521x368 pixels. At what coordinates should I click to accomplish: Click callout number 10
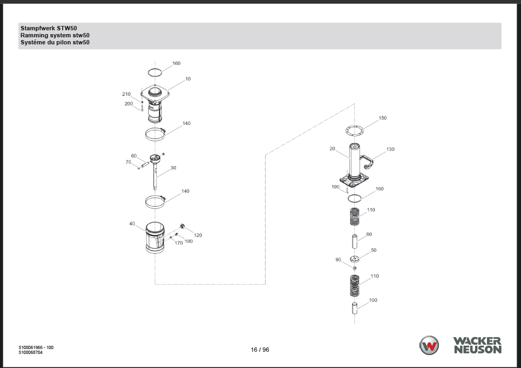pyautogui.click(x=188, y=79)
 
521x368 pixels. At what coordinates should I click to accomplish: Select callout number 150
pyautogui.click(x=383, y=118)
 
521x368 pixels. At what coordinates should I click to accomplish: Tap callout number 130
pyautogui.click(x=391, y=149)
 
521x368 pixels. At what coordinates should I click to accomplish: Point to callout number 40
pyautogui.click(x=132, y=224)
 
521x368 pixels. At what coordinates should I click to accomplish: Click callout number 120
pyautogui.click(x=198, y=235)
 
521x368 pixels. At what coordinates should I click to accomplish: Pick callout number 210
pyautogui.click(x=126, y=94)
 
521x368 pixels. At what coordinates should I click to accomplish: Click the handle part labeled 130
pyautogui.click(x=366, y=162)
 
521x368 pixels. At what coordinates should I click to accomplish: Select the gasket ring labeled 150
pyautogui.click(x=354, y=130)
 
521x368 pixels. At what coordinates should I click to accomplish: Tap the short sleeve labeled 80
pyautogui.click(x=354, y=241)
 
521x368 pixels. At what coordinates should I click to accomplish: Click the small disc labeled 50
pyautogui.click(x=354, y=259)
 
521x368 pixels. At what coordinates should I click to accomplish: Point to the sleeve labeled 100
pyautogui.click(x=354, y=308)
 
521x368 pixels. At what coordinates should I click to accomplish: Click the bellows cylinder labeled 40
pyautogui.click(x=155, y=238)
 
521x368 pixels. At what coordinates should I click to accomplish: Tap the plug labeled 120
pyautogui.click(x=182, y=226)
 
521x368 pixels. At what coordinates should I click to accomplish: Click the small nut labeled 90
pyautogui.click(x=354, y=268)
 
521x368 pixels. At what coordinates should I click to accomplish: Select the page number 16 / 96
pyautogui.click(x=260, y=350)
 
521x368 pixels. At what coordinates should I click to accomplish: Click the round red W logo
pyautogui.click(x=429, y=345)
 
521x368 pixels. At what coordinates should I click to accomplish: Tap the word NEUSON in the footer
pyautogui.click(x=478, y=350)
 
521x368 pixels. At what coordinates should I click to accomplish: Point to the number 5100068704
pyautogui.click(x=31, y=352)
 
